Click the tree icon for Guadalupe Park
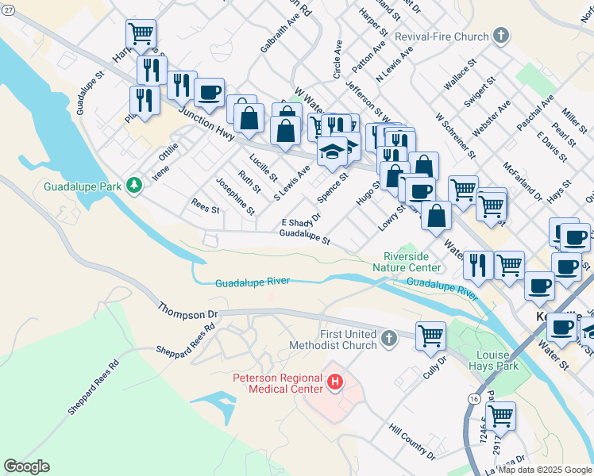tap(135, 186)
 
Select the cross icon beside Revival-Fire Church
tap(500, 35)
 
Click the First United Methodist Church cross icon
tap(388, 340)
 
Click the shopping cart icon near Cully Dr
tap(430, 335)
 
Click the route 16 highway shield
tap(474, 397)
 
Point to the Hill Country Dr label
tap(411, 441)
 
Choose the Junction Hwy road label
tap(206, 125)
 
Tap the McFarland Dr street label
tap(522, 182)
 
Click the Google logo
tap(26, 466)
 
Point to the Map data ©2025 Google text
tap(544, 470)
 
